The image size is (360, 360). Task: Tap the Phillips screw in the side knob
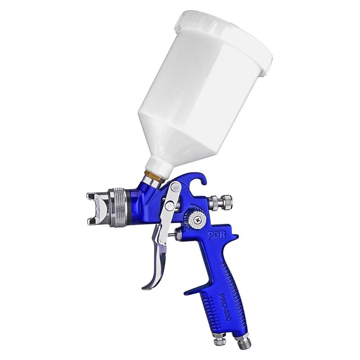click(x=197, y=220)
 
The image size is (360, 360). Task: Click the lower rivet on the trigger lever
click(x=170, y=206)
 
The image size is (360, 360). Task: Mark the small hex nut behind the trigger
click(x=179, y=234)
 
